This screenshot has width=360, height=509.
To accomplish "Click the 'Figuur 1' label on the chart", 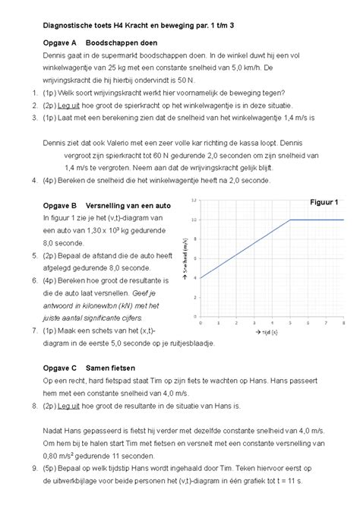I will point(325,202).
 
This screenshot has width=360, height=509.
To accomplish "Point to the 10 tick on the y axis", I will point(194,220).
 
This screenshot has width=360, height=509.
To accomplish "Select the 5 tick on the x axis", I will point(289,322).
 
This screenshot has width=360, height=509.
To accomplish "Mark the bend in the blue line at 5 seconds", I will point(289,220).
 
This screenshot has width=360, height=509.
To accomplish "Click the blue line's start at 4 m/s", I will point(200,278).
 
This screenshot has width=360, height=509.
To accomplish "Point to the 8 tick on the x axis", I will point(343,322).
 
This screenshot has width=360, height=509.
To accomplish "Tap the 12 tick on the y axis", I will point(194,201).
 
